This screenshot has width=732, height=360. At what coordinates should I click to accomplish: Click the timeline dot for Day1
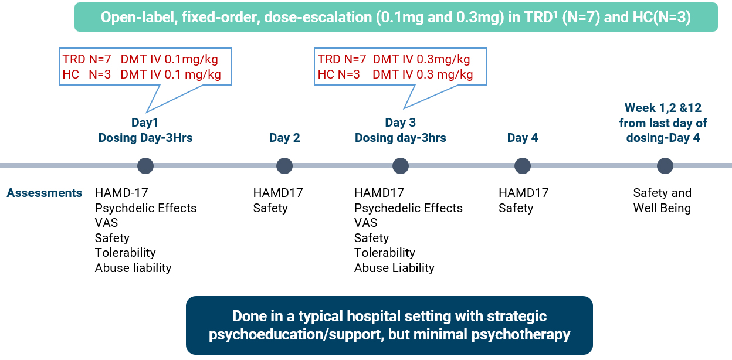tap(145, 166)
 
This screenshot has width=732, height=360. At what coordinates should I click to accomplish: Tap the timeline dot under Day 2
tap(284, 166)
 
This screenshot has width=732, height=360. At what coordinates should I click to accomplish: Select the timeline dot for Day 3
tap(401, 166)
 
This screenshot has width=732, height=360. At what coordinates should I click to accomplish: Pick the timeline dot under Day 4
tap(523, 166)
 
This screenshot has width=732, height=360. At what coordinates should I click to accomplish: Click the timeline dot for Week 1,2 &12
tap(665, 166)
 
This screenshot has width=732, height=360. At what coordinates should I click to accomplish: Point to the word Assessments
tap(45, 193)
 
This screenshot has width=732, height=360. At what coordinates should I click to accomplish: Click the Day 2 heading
tap(284, 138)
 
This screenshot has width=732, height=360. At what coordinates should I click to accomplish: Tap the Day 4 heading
tap(522, 138)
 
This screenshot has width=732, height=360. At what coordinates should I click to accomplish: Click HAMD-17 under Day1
tap(121, 193)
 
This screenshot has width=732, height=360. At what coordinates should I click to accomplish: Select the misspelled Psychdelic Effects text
tap(145, 208)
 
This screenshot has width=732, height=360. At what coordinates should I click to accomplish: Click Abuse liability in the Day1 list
tap(133, 268)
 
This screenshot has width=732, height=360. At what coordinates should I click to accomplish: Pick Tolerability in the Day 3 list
tap(385, 253)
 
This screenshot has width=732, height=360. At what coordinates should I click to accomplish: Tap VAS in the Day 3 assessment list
tap(365, 223)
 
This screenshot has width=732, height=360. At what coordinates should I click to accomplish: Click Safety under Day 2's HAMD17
tap(270, 208)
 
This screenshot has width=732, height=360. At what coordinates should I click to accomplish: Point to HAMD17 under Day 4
tap(524, 193)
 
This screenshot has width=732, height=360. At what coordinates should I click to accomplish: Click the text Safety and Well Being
tap(662, 201)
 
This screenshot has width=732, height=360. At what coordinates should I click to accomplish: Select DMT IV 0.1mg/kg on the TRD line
tap(170, 59)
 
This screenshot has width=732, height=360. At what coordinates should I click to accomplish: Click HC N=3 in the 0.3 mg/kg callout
tap(338, 74)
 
